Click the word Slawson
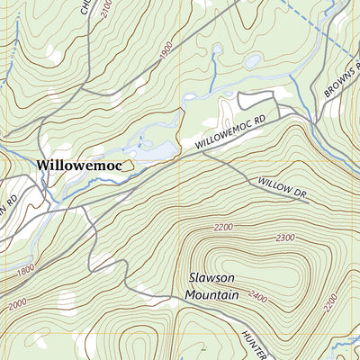point(214,278)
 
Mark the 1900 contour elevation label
point(165,52)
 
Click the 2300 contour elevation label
point(286,238)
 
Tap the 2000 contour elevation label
point(15,305)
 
